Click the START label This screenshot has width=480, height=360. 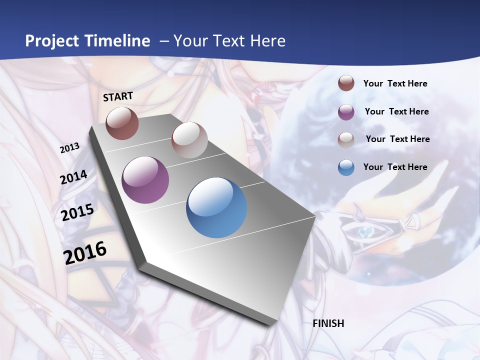(118, 96)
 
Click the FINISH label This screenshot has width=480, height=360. (328, 323)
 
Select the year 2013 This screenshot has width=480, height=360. (69, 148)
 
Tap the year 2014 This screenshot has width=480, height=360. (73, 177)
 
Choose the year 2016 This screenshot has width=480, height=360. (85, 252)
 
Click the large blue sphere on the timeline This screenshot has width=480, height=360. (216, 207)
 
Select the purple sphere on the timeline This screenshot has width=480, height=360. (145, 180)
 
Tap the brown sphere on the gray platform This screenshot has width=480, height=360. (122, 123)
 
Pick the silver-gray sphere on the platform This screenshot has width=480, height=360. (189, 140)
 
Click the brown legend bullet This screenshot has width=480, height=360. (346, 83)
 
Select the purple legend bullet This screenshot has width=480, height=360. (346, 112)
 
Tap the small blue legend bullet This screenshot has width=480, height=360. (346, 167)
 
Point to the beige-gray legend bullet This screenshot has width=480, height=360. (346, 140)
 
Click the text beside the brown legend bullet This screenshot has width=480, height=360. (395, 83)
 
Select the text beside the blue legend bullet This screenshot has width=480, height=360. (395, 167)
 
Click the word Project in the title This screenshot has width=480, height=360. (52, 41)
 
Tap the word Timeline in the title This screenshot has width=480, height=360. (117, 41)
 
